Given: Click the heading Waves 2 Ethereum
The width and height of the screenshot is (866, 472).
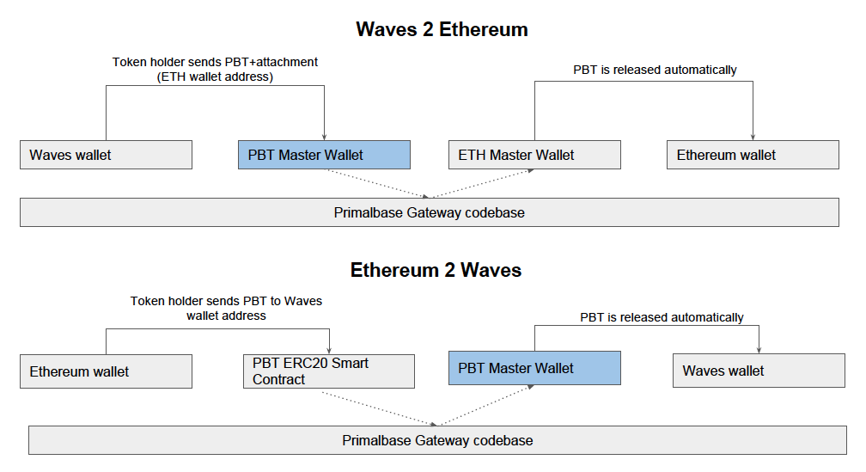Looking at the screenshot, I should pos(442,30).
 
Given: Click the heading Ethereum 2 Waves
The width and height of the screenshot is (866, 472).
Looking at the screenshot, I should pos(436,270).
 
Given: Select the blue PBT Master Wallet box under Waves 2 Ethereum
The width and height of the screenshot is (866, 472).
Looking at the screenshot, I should pos(324,155).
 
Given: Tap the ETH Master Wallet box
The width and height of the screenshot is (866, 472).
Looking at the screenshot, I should pos(534,155).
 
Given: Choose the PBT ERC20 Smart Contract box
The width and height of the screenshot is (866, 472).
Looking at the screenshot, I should pos(329,371).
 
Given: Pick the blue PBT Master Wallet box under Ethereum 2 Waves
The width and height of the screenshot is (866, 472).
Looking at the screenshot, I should pos(534,368).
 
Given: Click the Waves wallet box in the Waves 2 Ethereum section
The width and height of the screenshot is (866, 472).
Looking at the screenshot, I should pos(106,155).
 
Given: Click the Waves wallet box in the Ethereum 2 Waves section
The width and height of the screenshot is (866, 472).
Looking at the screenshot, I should pos(759,371).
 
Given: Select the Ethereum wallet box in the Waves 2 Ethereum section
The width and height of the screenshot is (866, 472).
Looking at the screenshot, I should pos(753,155).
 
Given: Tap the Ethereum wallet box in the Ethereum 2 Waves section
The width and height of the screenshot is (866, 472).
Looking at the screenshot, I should pos(106,371).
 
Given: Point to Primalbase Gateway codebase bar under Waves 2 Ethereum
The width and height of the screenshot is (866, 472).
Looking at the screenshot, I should pos(429,212).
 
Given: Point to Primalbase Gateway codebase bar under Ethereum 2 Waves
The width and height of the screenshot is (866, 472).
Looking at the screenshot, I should pos(437,440).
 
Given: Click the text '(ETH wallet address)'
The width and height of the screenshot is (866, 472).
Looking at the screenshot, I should pos(216,77).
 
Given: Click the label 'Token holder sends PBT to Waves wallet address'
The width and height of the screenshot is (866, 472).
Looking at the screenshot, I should pos(226,309).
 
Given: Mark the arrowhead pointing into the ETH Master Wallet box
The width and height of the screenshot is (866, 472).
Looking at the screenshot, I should pos(532,171).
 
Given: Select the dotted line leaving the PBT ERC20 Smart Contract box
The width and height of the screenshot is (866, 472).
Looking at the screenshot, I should pos(378,407).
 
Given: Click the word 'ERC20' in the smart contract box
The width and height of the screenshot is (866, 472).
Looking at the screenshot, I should pos(302,364).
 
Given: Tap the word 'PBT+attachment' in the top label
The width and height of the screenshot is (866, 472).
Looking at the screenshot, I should pos(275,63).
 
